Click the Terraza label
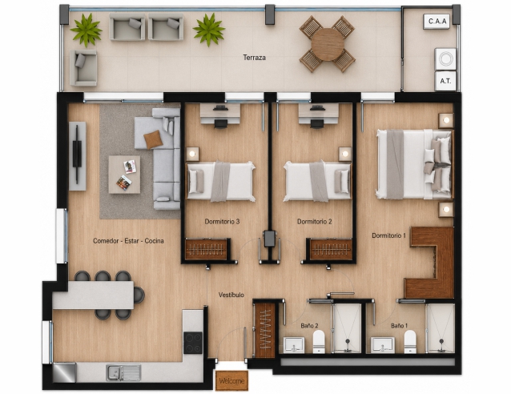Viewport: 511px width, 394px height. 254,58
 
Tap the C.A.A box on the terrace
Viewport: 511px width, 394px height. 437,22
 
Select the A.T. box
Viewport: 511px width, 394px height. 445,81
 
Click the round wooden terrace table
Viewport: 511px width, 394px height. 328,44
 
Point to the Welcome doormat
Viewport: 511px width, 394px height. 231,380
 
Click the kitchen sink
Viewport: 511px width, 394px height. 123,372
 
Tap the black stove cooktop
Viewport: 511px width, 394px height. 193,343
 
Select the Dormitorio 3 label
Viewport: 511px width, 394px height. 222,222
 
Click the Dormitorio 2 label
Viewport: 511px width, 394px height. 315,222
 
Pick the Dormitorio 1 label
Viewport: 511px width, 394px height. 388,235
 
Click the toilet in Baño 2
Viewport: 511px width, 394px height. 319,341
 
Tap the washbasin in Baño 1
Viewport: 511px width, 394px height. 383,345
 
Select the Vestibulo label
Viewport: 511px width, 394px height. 231,295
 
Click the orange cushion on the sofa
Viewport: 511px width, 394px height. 153,139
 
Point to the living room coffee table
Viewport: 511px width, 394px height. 124,175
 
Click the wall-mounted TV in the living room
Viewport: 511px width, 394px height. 77,155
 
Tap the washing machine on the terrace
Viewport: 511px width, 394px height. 445,59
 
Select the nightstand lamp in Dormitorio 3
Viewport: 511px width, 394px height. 192,154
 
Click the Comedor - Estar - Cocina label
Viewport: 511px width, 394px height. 128,241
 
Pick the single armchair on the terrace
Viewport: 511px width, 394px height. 83,68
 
